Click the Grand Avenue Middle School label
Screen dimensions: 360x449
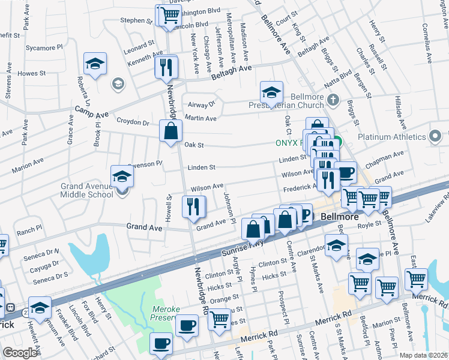pos(86,190)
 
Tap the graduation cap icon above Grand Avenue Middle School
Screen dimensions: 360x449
pos(122,177)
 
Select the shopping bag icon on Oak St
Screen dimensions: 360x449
pos(170,130)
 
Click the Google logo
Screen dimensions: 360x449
pos(20,353)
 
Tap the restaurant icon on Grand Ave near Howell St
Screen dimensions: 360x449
pos(194,207)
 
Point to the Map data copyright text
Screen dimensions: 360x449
pos(423,355)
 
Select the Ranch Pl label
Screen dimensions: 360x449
pos(29,229)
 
